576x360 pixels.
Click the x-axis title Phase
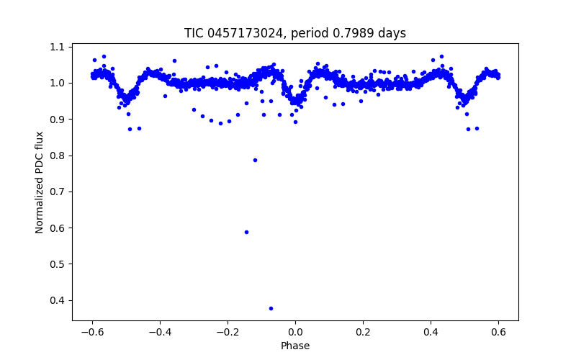click(x=295, y=346)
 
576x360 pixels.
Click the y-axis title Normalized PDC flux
click(x=40, y=181)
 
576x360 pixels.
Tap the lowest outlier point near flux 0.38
click(x=271, y=308)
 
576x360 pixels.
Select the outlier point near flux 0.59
click(x=246, y=232)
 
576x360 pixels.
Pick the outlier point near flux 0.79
click(x=255, y=160)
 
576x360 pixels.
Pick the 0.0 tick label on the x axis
click(x=295, y=332)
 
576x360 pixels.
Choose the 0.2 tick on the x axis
click(x=363, y=332)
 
